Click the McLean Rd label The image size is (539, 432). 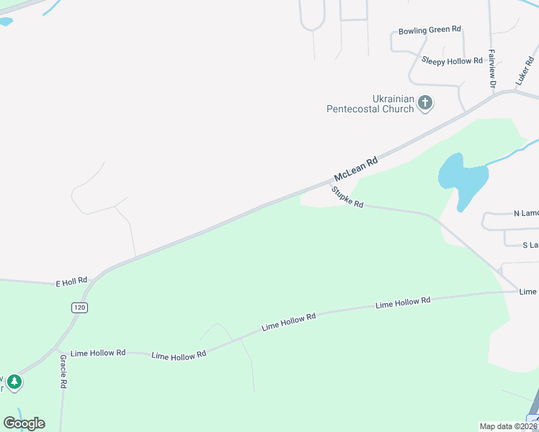tap(356, 170)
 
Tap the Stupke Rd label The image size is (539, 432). tap(347, 197)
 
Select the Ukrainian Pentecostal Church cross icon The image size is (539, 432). tap(425, 103)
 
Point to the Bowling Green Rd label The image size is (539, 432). tap(429, 30)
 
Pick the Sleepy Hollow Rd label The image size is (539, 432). tap(452, 60)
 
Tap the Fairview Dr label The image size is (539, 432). tap(492, 69)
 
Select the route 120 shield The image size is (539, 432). tap(79, 307)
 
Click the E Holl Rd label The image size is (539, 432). tap(71, 282)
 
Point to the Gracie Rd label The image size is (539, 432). tap(63, 372)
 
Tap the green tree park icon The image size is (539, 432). tap(14, 382)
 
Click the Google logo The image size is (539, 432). tap(24, 423)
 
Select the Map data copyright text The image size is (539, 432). tap(508, 426)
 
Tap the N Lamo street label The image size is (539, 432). tap(525, 214)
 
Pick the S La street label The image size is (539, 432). tap(530, 246)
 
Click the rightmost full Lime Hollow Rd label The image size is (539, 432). tap(402, 303)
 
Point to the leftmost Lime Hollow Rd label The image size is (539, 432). tap(98, 353)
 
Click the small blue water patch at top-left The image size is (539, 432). tap(6, 22)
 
